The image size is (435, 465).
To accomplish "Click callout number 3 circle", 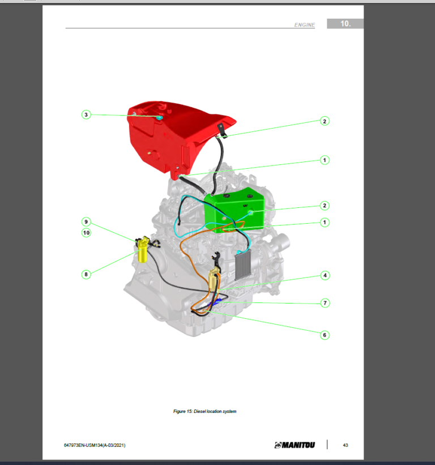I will click(86, 115).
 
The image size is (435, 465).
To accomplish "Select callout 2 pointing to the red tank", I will click(325, 121).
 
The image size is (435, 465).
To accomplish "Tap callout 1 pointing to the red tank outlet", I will click(325, 160).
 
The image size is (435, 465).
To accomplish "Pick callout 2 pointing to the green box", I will click(325, 206).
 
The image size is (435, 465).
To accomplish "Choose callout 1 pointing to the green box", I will click(325, 223).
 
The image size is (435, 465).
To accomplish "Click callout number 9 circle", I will click(86, 221).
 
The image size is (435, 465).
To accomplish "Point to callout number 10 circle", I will click(86, 232).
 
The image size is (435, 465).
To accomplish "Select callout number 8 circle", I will click(86, 275).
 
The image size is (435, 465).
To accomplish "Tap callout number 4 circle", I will click(325, 276).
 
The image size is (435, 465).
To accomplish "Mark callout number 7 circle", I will click(325, 303).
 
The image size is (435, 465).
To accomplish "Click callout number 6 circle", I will click(325, 335).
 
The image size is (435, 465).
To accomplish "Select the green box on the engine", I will click(235, 210).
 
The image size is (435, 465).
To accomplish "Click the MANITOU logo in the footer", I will click(295, 445).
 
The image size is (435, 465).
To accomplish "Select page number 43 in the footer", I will click(346, 445).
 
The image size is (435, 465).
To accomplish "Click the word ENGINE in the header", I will click(304, 25).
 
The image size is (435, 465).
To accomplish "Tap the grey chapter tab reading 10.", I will click(345, 24).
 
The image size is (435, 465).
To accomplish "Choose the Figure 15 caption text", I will click(204, 411).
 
